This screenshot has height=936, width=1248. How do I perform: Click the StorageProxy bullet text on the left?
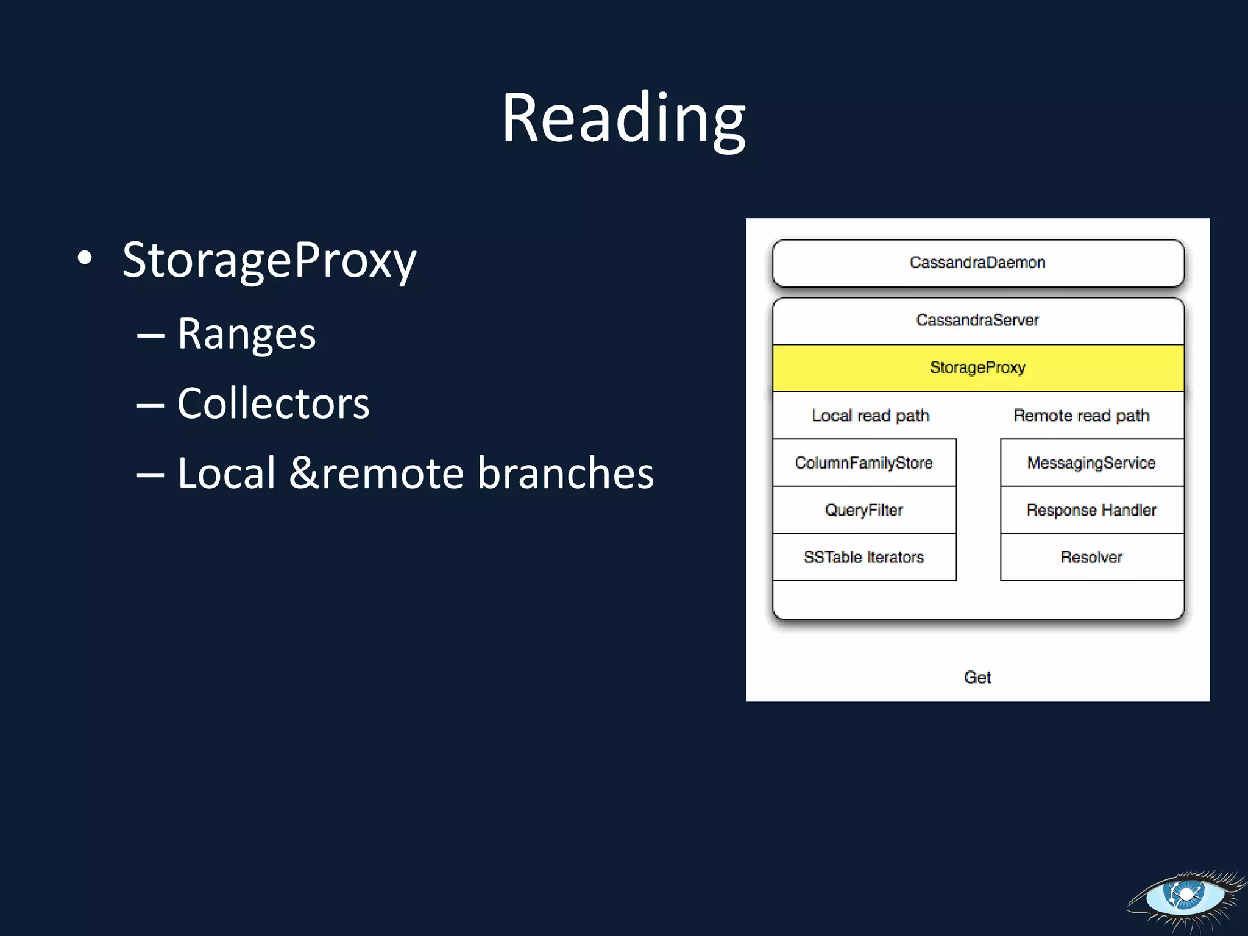coord(269,260)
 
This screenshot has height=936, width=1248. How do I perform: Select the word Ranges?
coord(246,334)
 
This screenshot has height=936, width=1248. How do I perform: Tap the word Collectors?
coord(273,403)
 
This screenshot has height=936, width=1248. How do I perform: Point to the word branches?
coord(565,473)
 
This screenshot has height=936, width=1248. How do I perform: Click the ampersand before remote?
coord(303,473)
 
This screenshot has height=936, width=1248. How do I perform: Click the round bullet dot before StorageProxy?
coord(85,258)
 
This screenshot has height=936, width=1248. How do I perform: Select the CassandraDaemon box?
coord(977,263)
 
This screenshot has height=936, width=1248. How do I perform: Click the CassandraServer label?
coord(977,320)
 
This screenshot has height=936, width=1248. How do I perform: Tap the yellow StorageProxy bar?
coord(977,367)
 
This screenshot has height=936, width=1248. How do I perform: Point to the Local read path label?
coord(870,416)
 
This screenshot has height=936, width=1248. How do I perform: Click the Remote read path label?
coord(1081,416)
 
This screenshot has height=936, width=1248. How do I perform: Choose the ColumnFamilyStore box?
coord(863,463)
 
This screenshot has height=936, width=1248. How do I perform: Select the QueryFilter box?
coord(863,510)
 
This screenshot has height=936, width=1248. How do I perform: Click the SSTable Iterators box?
coord(863,557)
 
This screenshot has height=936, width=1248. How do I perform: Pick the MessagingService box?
coord(1091,463)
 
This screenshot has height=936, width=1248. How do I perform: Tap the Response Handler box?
coord(1091,510)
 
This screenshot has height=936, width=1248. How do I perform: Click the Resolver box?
coord(1091,557)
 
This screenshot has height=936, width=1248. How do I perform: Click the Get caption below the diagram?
coord(977,677)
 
